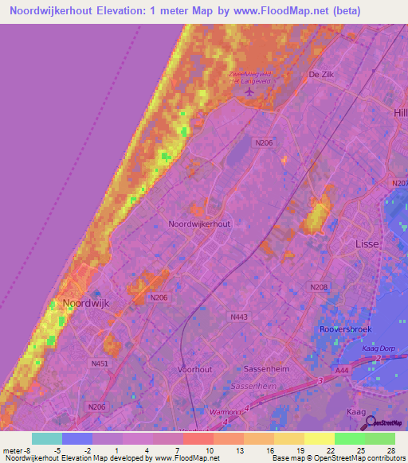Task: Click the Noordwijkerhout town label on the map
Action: (199, 224)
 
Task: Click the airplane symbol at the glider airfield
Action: (250, 91)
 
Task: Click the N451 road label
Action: (100, 364)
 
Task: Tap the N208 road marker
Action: (319, 286)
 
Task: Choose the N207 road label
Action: (400, 183)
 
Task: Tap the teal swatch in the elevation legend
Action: (46, 438)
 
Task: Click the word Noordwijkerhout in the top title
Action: (68, 11)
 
